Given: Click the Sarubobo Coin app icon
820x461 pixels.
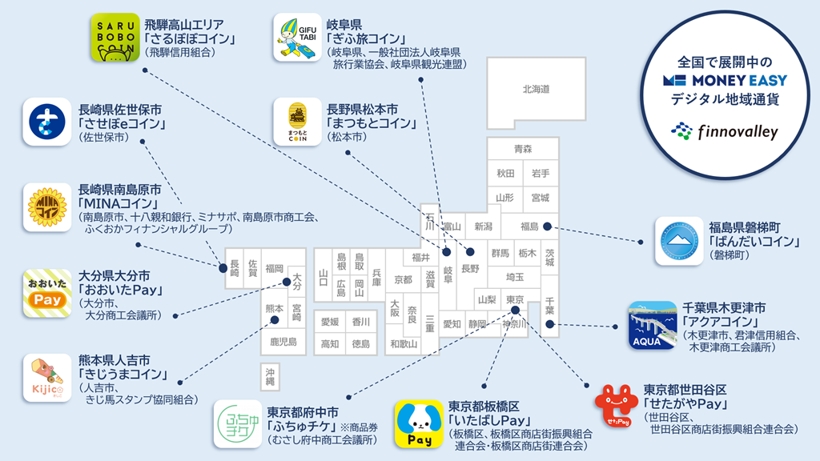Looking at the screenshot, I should pyautogui.click(x=114, y=38).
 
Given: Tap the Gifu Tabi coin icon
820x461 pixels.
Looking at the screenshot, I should pyautogui.click(x=297, y=38).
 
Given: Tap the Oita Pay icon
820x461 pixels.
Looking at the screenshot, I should pyautogui.click(x=46, y=293).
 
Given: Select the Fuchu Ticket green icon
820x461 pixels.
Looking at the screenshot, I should pyautogui.click(x=237, y=424).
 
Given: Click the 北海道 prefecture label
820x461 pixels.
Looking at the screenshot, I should pyautogui.click(x=536, y=89).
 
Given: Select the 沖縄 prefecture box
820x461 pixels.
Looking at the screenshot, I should pyautogui.click(x=271, y=377).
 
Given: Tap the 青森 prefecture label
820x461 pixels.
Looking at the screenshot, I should pyautogui.click(x=523, y=150).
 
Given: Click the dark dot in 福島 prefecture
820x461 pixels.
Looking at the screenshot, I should pyautogui.click(x=547, y=226).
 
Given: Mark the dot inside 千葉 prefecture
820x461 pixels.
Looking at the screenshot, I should pyautogui.click(x=549, y=324).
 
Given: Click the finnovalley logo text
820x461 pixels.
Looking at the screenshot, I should pyautogui.click(x=736, y=131).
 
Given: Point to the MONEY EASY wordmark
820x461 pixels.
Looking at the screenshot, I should pyautogui.click(x=725, y=80).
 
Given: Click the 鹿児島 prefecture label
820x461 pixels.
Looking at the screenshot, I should pyautogui.click(x=283, y=342).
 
